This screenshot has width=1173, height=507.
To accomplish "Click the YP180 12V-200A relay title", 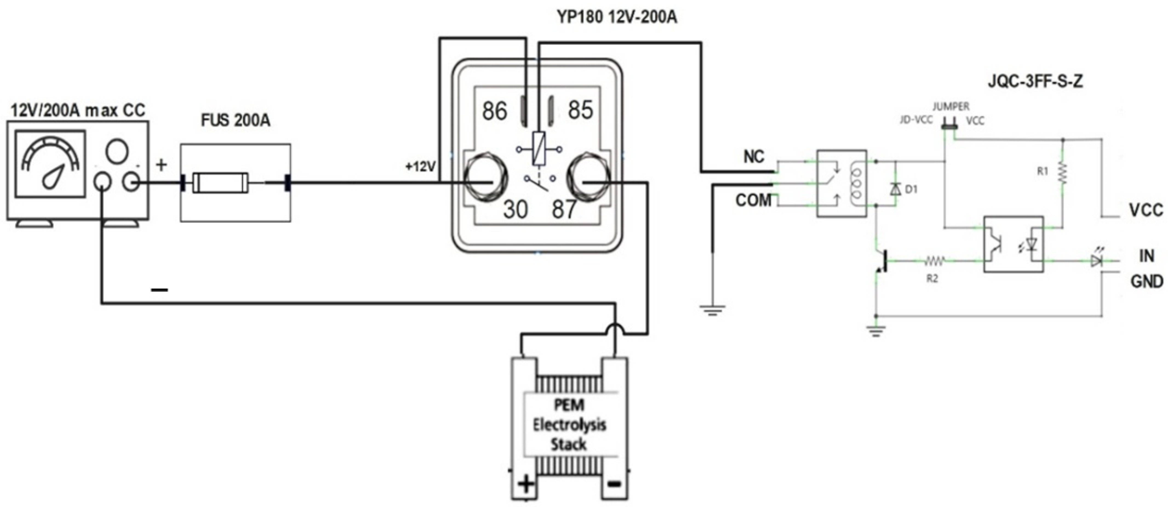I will [x=617, y=17].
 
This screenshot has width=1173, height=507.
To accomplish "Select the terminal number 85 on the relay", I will [x=580, y=110].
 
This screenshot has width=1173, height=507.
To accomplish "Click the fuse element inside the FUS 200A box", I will [x=221, y=183].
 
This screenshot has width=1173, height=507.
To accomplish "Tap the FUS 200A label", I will [x=235, y=120].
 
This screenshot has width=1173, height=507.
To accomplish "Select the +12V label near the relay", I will [x=420, y=167].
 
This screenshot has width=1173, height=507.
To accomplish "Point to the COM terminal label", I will [x=753, y=200].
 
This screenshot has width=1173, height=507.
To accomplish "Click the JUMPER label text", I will [x=951, y=107].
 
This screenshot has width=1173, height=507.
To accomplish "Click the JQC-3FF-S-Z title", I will [x=1035, y=82].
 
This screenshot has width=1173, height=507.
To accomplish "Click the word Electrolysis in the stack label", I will [x=569, y=425].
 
